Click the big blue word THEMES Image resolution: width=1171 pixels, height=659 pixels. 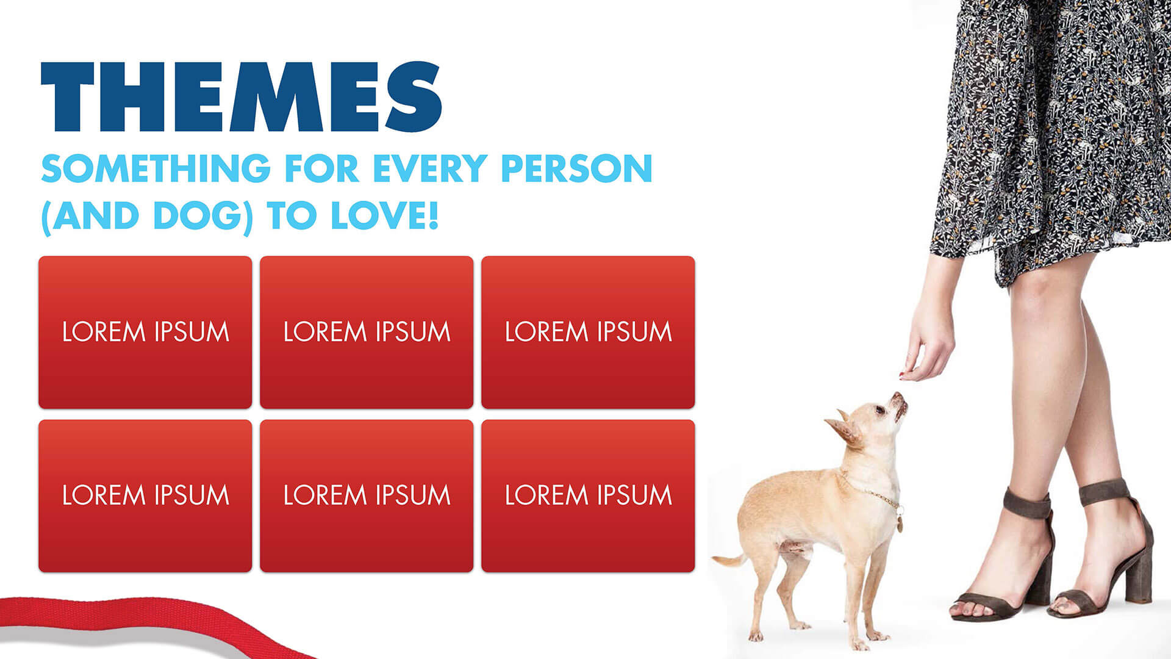click(x=241, y=96)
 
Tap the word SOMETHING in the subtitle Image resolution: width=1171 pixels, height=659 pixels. click(x=156, y=168)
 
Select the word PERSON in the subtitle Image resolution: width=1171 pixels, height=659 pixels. click(x=576, y=168)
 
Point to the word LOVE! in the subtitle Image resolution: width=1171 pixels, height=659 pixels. click(x=385, y=216)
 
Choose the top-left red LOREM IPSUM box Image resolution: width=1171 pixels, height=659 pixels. click(x=145, y=333)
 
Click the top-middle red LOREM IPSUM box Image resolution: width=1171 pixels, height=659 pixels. click(x=367, y=333)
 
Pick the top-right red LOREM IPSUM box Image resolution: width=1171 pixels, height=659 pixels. click(x=588, y=333)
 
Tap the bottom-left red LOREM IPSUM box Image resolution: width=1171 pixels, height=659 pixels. click(x=145, y=495)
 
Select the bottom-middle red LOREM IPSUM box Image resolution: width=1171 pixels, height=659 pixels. click(x=367, y=495)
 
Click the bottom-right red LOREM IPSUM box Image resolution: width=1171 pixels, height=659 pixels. click(x=588, y=495)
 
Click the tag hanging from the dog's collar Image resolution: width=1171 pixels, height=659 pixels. click(x=899, y=524)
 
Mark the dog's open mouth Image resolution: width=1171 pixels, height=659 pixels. click(x=899, y=406)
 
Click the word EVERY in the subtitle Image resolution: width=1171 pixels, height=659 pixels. click(x=430, y=168)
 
